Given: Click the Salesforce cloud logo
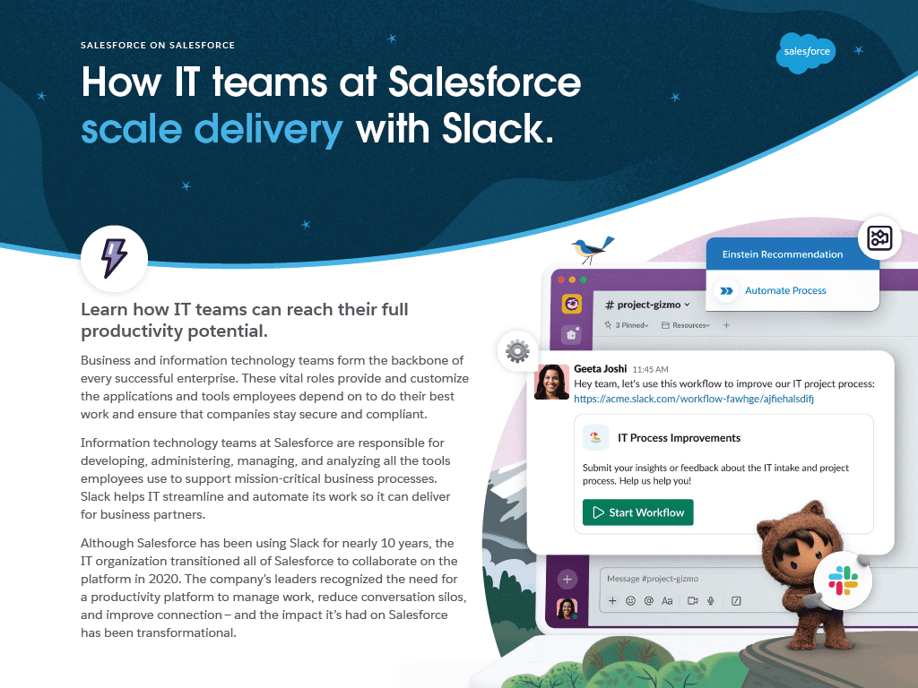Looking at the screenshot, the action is pyautogui.click(x=806, y=53).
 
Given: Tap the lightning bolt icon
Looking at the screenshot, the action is pyautogui.click(x=114, y=258).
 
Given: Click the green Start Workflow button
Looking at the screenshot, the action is pyautogui.click(x=637, y=512).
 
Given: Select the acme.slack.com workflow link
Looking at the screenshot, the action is pyautogui.click(x=693, y=399).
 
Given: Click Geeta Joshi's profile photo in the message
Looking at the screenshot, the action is pyautogui.click(x=552, y=382).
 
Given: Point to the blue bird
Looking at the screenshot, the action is pyautogui.click(x=592, y=249).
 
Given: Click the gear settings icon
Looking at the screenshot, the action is pyautogui.click(x=517, y=351).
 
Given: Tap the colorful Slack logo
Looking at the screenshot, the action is pyautogui.click(x=843, y=580).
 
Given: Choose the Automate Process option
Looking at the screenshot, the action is pyautogui.click(x=785, y=291).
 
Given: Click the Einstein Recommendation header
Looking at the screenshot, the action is pyautogui.click(x=782, y=254).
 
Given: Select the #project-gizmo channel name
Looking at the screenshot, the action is pyautogui.click(x=647, y=305).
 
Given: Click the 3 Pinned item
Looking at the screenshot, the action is pyautogui.click(x=627, y=325).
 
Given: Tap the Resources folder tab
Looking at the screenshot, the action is pyautogui.click(x=686, y=325).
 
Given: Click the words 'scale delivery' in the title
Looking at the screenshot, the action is pyautogui.click(x=212, y=129).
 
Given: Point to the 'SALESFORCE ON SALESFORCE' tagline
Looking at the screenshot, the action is pyautogui.click(x=158, y=45).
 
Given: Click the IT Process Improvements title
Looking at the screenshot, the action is pyautogui.click(x=680, y=438).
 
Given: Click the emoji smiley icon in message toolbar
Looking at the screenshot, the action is pyautogui.click(x=630, y=601).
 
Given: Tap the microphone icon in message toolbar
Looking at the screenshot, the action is pyautogui.click(x=711, y=601).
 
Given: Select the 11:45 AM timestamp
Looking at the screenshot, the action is pyautogui.click(x=651, y=370).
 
